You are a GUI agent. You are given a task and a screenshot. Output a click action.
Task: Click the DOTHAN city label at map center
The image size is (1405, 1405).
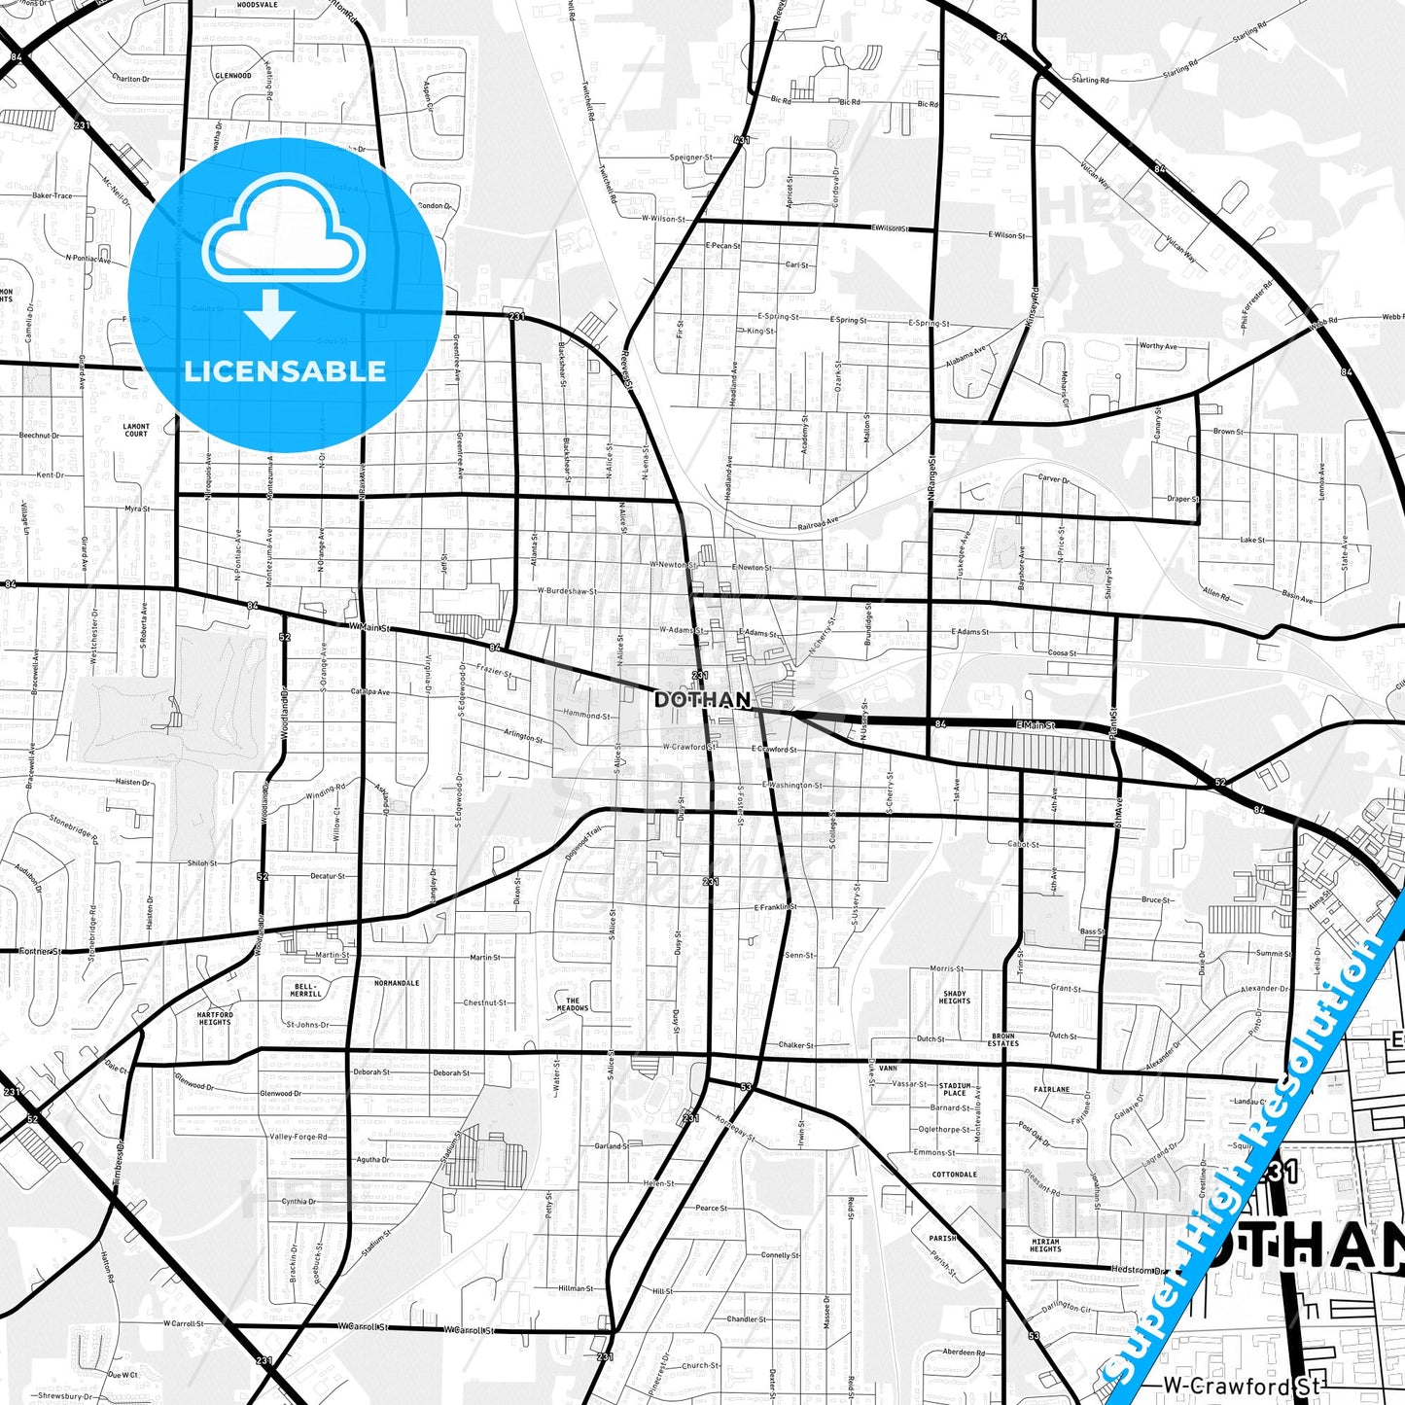point(702,700)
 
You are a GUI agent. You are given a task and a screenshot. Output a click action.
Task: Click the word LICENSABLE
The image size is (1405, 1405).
point(285,370)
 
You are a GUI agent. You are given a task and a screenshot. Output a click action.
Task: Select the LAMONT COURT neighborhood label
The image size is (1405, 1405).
point(136,430)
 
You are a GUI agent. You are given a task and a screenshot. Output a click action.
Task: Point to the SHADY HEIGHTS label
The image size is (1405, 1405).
point(954,997)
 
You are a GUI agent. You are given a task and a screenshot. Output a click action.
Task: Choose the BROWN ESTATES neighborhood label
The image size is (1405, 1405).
point(1003,1039)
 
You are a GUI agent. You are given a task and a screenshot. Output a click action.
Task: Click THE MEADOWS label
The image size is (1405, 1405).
point(573,1004)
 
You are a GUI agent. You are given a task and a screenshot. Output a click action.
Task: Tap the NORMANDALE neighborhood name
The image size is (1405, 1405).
point(397,983)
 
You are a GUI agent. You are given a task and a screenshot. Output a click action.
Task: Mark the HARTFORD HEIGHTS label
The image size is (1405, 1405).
point(215,1018)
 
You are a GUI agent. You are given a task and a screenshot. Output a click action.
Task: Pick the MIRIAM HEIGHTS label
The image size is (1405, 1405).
point(1045,1246)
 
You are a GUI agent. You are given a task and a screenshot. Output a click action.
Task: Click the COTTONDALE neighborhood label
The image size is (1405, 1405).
point(954,1175)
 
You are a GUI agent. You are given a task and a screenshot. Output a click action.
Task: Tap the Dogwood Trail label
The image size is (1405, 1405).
point(583,842)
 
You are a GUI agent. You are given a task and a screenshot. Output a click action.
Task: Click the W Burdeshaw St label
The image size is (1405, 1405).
point(567,590)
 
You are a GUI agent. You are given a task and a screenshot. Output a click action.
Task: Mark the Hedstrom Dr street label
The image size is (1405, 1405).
point(1139,1270)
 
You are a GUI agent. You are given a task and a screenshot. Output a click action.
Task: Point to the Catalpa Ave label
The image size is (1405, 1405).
point(370,692)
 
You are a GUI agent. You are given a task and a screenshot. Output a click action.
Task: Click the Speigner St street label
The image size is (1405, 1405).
point(690,158)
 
